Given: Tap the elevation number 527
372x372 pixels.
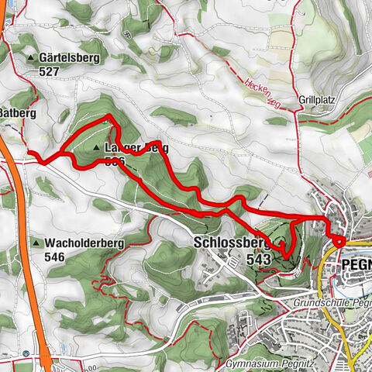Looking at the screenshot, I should [x=53, y=70].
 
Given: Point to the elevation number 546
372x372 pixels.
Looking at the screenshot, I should [x=55, y=257].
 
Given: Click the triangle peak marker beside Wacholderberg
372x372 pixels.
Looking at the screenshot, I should [x=36, y=243].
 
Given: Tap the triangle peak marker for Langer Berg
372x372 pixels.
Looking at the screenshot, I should [x=96, y=147].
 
